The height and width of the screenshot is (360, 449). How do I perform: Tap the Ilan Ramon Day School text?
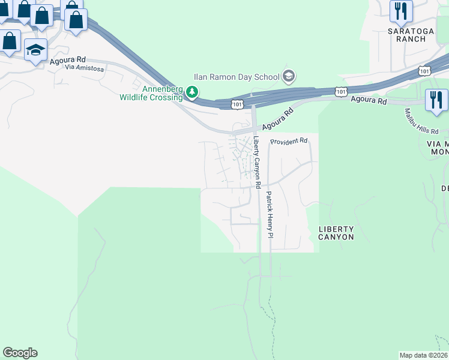coord(236,77)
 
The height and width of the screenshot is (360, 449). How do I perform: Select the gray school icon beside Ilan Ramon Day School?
coord(289,76)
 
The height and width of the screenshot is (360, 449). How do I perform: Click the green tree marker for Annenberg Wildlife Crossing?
coord(191,92)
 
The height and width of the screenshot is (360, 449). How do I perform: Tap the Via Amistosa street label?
coord(85,69)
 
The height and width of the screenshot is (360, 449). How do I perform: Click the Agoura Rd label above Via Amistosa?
coord(70,60)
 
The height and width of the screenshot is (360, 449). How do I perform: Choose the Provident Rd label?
coord(289,141)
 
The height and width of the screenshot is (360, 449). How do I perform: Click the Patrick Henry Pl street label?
coord(270,214)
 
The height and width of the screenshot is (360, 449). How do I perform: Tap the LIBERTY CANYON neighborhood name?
coord(336,233)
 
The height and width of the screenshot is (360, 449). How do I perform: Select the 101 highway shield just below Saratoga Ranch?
coord(424,71)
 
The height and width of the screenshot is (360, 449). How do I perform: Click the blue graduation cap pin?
coord(35,50)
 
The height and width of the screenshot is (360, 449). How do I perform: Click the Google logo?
coord(20,353)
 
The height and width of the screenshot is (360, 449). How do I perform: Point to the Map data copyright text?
coord(423,355)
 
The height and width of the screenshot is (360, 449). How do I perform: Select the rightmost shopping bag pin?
coord(76,20)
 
